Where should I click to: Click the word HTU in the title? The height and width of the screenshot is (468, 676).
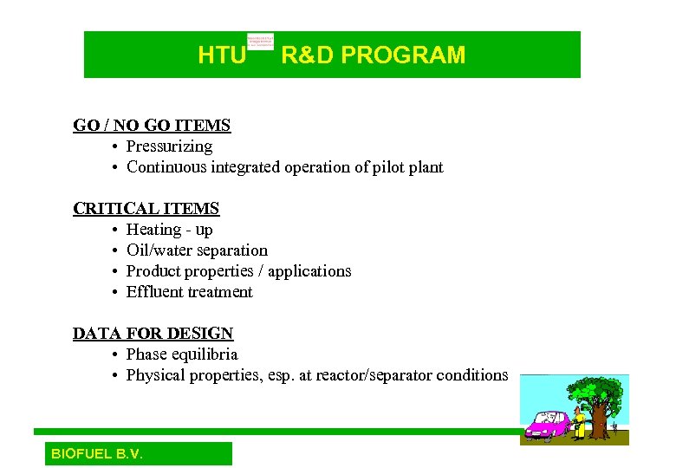click(x=222, y=55)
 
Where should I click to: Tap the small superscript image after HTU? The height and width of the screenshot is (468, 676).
click(x=260, y=41)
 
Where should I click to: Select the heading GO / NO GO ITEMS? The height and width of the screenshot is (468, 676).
click(x=152, y=126)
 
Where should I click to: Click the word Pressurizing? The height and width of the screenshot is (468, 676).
click(x=169, y=146)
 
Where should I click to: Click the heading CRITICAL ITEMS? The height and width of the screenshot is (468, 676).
click(x=146, y=209)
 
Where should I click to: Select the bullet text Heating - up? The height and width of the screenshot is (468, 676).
click(x=169, y=230)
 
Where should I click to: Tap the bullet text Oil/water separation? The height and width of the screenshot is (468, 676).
click(x=197, y=250)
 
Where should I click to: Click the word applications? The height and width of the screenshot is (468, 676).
click(x=309, y=271)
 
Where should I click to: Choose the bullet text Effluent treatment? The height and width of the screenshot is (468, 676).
click(x=189, y=292)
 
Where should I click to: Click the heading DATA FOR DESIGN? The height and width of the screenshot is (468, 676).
click(x=153, y=334)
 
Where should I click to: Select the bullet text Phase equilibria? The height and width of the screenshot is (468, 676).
click(x=182, y=354)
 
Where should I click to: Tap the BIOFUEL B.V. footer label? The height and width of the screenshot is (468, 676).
click(x=97, y=454)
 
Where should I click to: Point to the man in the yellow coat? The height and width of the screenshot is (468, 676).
click(x=579, y=420)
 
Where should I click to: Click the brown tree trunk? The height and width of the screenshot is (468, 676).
click(x=599, y=420)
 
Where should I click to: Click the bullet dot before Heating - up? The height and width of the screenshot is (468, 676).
click(x=115, y=231)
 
